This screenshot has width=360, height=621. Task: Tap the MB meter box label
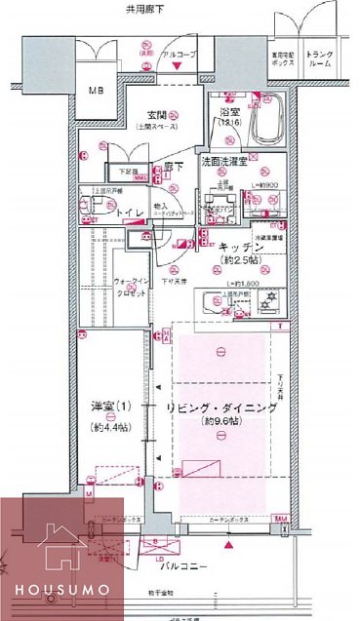point(96,92)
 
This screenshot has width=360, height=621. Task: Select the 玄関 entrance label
point(159,120)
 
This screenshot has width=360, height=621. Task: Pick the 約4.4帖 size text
point(104,428)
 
